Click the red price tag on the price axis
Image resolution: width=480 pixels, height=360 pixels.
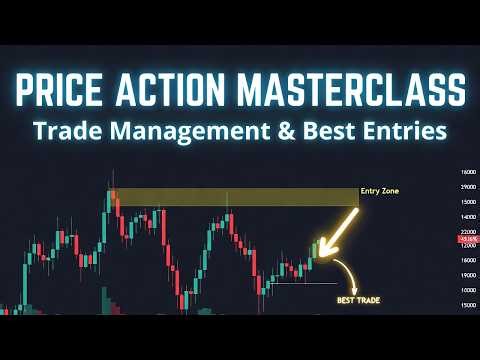point(466,240)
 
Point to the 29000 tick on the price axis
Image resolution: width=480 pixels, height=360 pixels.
point(466,187)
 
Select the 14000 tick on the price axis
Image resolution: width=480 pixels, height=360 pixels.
point(466,216)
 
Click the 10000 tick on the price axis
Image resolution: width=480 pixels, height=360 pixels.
point(466,291)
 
